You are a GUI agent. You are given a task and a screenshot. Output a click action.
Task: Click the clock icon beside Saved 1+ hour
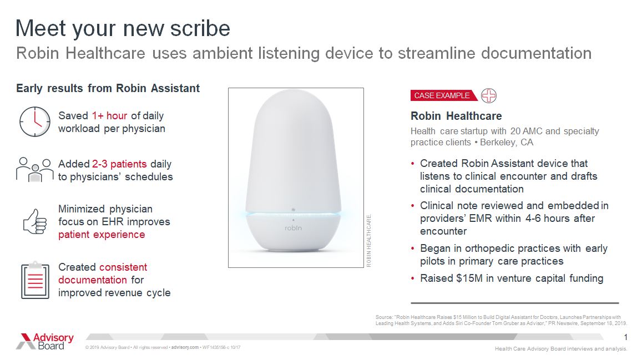pos(34,121)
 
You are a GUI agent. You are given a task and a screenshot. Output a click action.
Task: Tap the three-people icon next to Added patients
pos(34,169)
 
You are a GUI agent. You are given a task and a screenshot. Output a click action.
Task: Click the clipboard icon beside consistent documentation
pos(35,280)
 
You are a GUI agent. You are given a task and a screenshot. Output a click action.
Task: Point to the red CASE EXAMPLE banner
pos(442,95)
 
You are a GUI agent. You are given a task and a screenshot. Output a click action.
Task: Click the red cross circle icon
pos(489,95)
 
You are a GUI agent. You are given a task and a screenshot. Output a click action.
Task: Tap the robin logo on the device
pos(292,227)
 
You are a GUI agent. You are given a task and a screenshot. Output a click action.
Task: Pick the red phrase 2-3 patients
pos(119,164)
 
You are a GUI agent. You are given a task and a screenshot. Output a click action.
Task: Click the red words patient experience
pos(102,234)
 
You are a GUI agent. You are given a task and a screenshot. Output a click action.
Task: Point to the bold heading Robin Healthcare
pos(456,116)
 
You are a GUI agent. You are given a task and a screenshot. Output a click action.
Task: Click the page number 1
pos(625,338)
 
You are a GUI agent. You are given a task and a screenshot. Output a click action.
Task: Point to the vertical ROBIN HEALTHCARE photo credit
pos(369,240)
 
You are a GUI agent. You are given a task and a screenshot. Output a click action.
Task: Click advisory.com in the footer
pos(185,347)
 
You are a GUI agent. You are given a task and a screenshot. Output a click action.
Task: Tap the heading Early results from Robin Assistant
pos(108,88)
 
